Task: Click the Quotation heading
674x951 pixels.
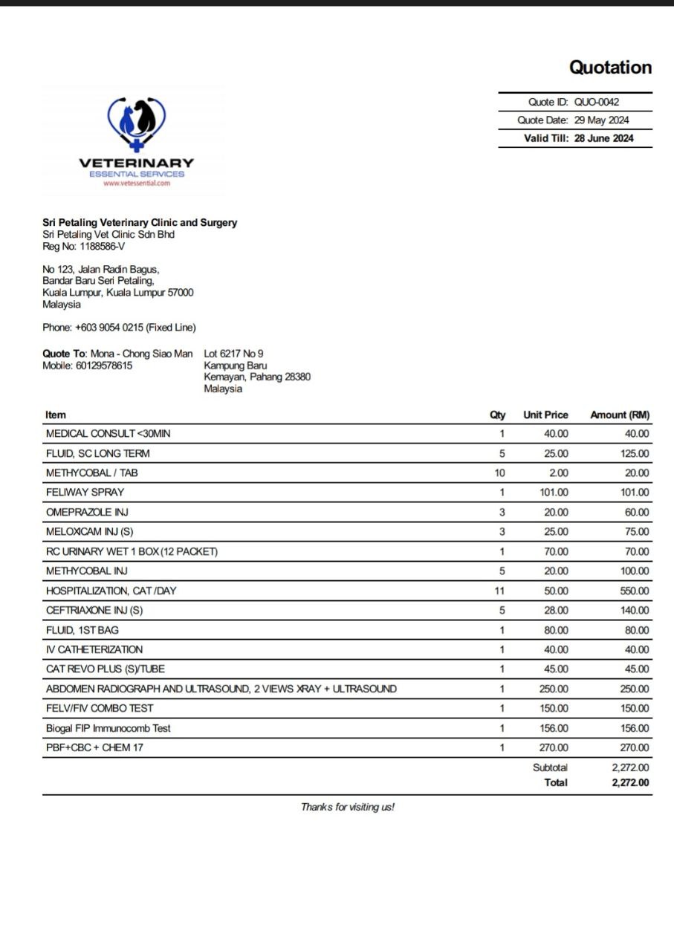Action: pyautogui.click(x=610, y=68)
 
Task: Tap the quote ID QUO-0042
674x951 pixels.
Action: pyautogui.click(x=597, y=103)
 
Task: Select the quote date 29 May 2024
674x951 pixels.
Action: pyautogui.click(x=602, y=120)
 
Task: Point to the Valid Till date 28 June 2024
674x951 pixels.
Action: pyautogui.click(x=603, y=138)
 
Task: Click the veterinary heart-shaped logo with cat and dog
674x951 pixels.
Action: pyautogui.click(x=136, y=124)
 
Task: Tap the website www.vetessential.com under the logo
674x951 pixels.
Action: pyautogui.click(x=137, y=183)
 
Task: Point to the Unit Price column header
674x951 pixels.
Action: pyautogui.click(x=545, y=415)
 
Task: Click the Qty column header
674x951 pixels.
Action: pyautogui.click(x=498, y=415)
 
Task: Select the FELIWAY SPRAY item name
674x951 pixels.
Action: pyautogui.click(x=85, y=493)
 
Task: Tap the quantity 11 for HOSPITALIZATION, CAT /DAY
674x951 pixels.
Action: pyautogui.click(x=499, y=591)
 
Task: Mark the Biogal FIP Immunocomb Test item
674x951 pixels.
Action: pyautogui.click(x=108, y=729)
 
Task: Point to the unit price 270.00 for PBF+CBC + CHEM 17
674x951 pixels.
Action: pyautogui.click(x=554, y=748)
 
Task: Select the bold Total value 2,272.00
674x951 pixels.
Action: pyautogui.click(x=630, y=782)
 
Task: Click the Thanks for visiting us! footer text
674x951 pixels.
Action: pyautogui.click(x=348, y=807)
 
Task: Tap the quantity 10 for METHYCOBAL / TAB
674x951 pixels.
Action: pyautogui.click(x=499, y=473)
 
